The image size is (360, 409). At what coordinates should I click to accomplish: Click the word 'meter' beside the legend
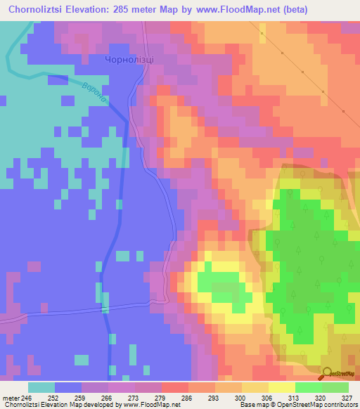click(x=11, y=397)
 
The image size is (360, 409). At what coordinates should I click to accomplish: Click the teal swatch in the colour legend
click(x=41, y=387)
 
